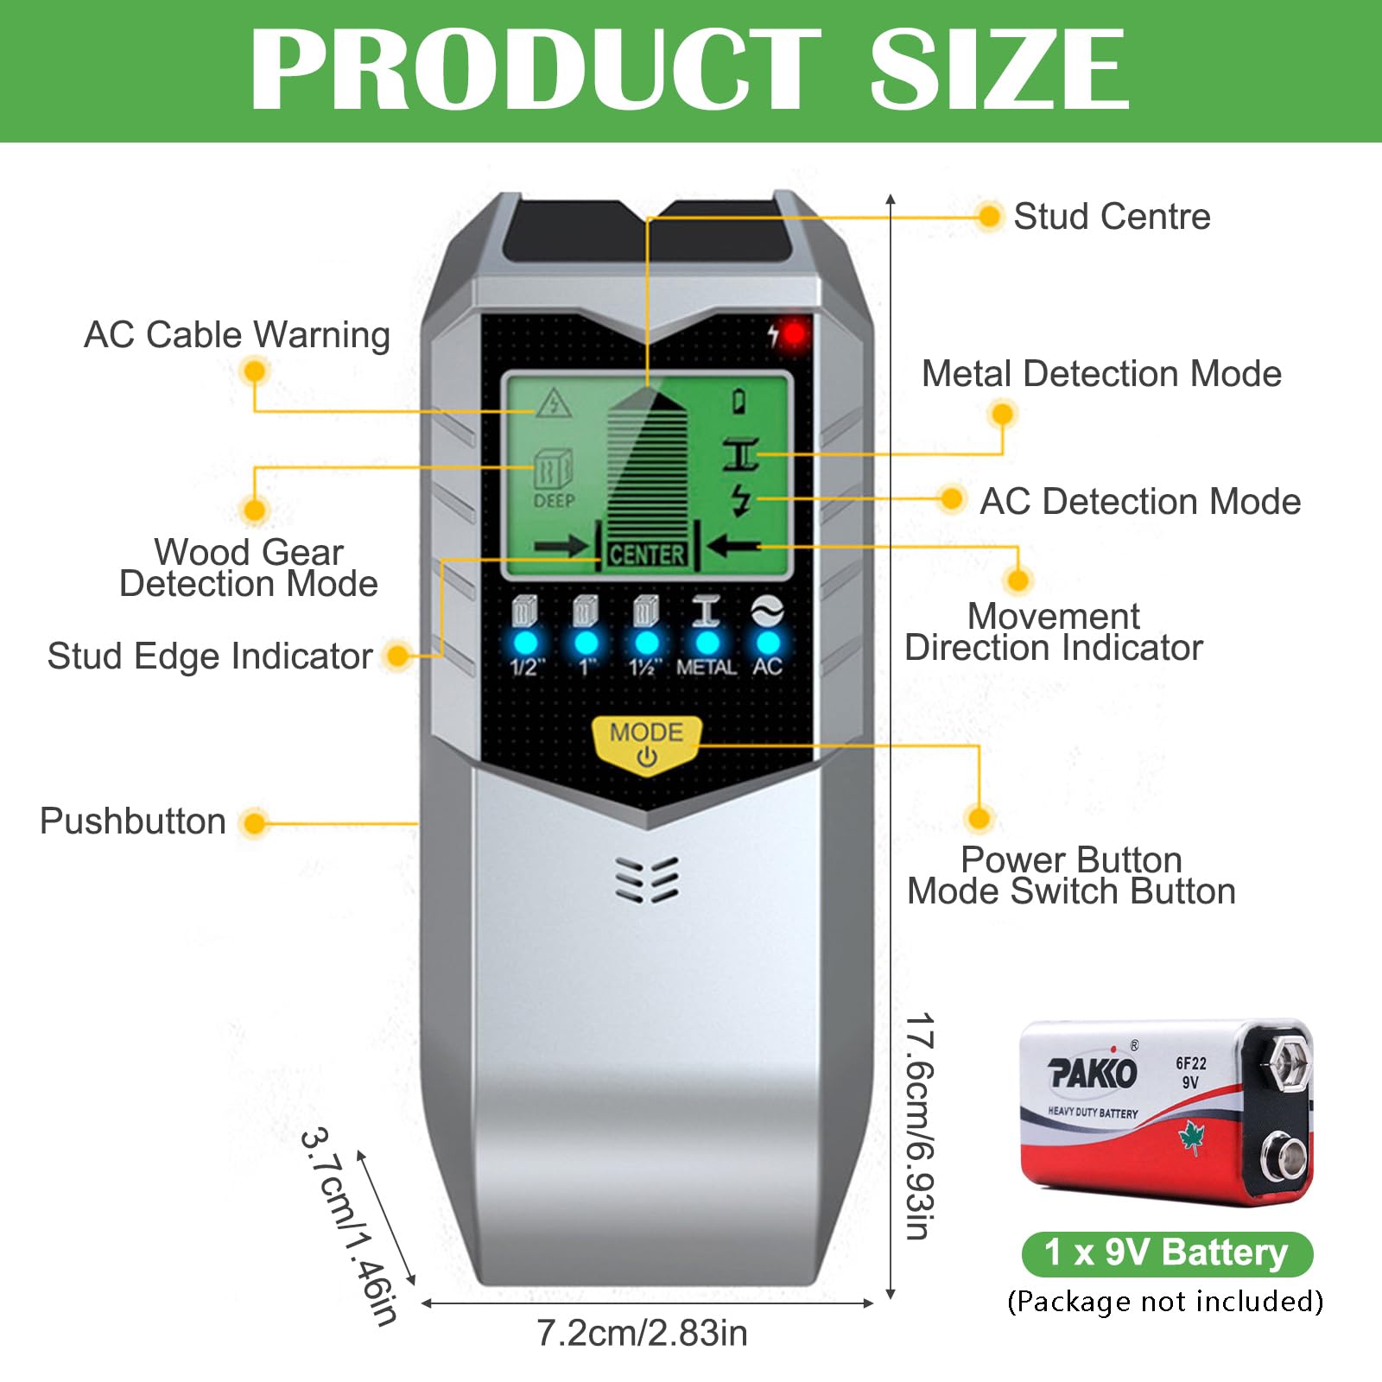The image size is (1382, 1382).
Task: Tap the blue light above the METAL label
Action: click(707, 643)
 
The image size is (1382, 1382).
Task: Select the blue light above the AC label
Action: click(768, 643)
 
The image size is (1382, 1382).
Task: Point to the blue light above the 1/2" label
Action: click(525, 643)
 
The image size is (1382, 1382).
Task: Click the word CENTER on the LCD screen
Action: click(647, 555)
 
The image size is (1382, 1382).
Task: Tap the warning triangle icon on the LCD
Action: click(553, 403)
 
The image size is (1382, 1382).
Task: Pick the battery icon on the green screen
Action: click(739, 401)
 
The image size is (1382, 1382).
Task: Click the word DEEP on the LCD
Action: click(554, 500)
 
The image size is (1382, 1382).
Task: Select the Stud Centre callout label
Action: click(1112, 216)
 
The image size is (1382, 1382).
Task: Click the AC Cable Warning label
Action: click(237, 335)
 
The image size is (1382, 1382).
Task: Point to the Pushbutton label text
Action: click(133, 821)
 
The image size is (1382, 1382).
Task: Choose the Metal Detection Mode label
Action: click(1101, 373)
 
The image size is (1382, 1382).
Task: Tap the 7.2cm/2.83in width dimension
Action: click(642, 1333)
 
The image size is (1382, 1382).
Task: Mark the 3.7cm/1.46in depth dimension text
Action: click(350, 1226)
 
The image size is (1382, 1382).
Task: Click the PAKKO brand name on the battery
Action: click(1093, 1073)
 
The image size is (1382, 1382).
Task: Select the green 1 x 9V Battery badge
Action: click(1167, 1253)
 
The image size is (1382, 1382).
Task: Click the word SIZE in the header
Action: click(999, 69)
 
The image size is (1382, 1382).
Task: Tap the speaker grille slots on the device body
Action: click(647, 880)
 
